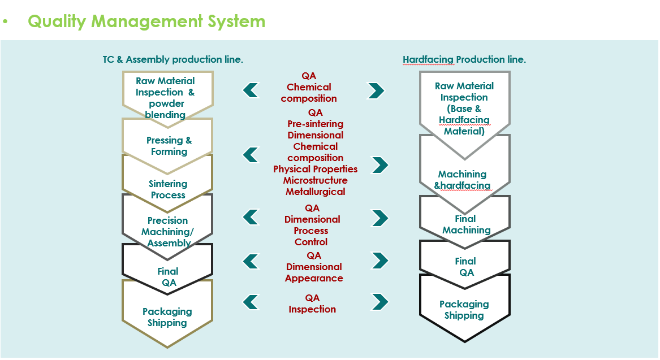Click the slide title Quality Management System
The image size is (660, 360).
pos(146,21)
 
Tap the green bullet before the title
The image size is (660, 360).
pos(5,21)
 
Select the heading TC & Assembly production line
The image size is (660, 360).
pos(173,59)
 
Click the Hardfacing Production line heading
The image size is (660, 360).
pos(464,59)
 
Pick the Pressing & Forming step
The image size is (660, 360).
pos(169,145)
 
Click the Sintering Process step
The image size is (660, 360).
pos(168,189)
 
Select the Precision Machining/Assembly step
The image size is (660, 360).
pos(167,232)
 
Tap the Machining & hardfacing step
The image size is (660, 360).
pos(462,180)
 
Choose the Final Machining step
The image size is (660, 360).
pos(466,224)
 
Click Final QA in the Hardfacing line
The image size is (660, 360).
pos(466,267)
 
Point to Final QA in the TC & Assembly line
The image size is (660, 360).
pos(168,277)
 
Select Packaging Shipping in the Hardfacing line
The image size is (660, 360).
pos(464,310)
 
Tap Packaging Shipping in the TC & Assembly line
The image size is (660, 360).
pos(167,316)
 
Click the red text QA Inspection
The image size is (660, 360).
pos(312,303)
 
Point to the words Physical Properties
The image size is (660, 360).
pos(315,169)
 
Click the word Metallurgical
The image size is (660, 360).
pos(315,192)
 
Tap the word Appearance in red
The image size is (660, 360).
pos(314,278)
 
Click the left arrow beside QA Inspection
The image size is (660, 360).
pos(251,302)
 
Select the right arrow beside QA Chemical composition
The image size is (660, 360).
pos(376,90)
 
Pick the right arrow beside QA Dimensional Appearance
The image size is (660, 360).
pos(380,261)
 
